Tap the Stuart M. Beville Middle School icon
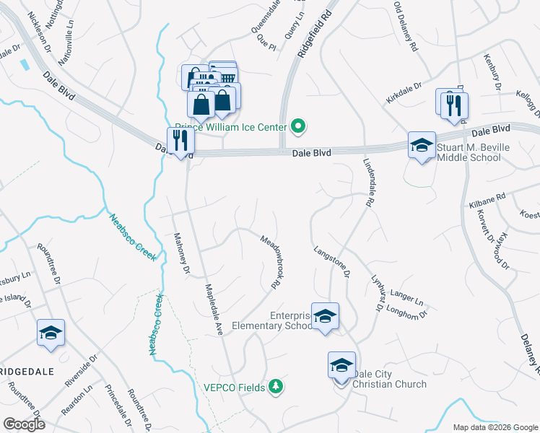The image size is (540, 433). click(422, 146)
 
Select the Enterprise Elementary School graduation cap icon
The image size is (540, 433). click(326, 317)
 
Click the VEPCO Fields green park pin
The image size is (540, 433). click(275, 388)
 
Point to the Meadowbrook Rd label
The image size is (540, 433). click(270, 263)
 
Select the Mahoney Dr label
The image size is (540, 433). click(180, 254)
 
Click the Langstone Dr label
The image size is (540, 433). click(331, 262)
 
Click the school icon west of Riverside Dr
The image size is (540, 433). click(51, 333)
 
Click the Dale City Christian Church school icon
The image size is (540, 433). click(341, 365)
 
